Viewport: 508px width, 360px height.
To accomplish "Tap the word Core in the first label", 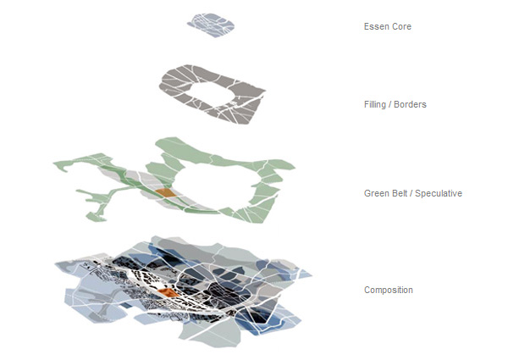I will (400, 27).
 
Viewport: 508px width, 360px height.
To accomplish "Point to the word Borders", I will (411, 105).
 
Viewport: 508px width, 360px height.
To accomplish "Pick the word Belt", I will (400, 194).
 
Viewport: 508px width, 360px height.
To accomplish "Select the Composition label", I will (389, 291).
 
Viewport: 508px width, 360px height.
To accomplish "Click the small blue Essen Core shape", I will (210, 24).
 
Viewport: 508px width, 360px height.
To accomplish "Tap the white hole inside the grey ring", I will (216, 91).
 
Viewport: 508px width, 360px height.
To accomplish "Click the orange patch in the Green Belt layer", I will (166, 194).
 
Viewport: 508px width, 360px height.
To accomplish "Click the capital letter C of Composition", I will (367, 291).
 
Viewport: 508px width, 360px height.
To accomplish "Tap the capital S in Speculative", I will (420, 194).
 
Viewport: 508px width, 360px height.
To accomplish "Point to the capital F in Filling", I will (366, 105).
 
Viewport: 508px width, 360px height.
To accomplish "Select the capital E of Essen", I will (366, 27).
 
